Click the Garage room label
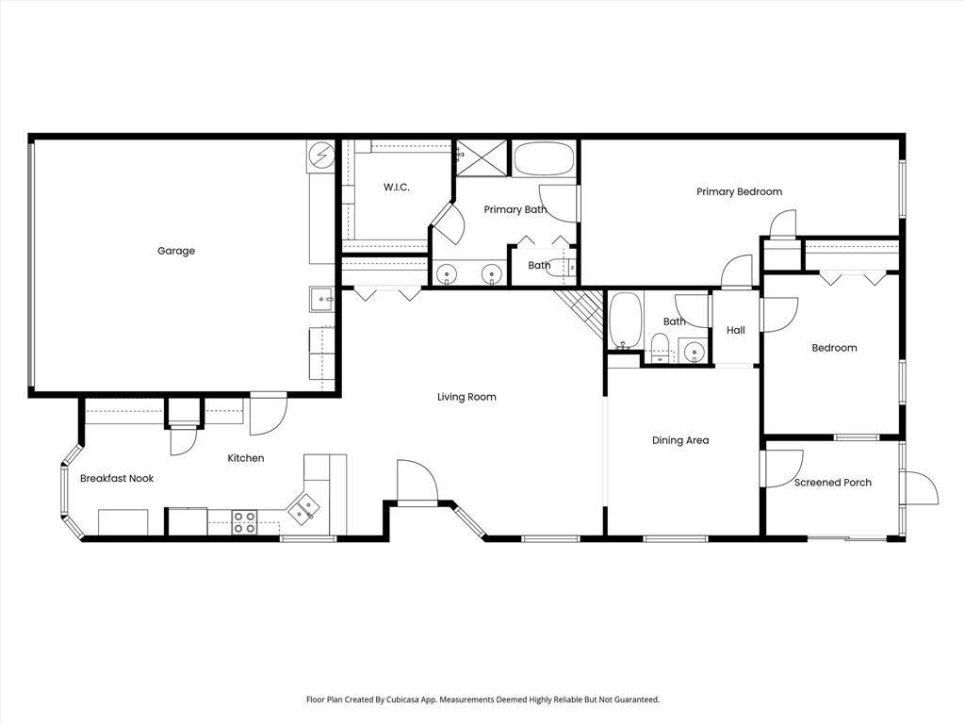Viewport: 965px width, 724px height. point(176,251)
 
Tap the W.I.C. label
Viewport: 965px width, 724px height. point(396,188)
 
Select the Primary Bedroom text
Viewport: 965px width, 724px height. point(739,192)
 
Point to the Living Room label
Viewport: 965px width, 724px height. point(466,397)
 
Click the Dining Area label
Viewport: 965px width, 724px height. point(680,440)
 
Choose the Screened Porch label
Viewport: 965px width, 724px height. point(832,483)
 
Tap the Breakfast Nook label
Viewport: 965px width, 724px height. point(116,479)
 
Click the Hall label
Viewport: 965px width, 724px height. point(736,331)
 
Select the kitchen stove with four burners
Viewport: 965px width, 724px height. point(245,522)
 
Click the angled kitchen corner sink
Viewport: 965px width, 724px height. point(303,510)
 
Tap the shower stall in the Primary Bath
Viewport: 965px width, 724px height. point(482,157)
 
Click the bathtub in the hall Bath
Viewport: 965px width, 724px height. point(624,321)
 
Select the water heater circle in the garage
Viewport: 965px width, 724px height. point(321,153)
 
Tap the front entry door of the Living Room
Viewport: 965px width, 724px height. point(417,483)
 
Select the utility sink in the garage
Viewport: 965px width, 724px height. point(321,300)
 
